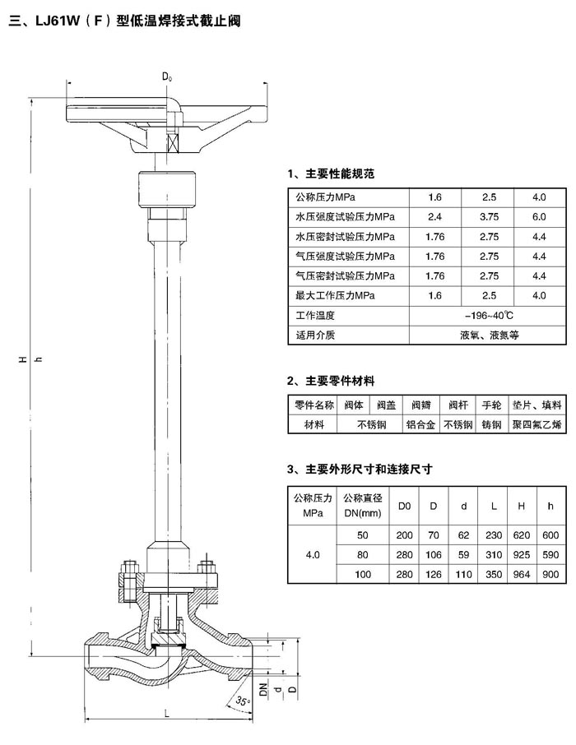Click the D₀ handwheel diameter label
pyautogui.click(x=167, y=76)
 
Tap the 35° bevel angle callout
pyautogui.click(x=242, y=701)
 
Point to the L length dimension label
pyautogui.click(x=166, y=713)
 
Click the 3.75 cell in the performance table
pyautogui.click(x=489, y=217)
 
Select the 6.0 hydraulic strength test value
pyautogui.click(x=539, y=217)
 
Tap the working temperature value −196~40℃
pyautogui.click(x=489, y=316)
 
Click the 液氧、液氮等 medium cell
pyautogui.click(x=489, y=335)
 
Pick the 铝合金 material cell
pyautogui.click(x=421, y=425)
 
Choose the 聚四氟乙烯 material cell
pyautogui.click(x=537, y=425)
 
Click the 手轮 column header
pyautogui.click(x=491, y=405)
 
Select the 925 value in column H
pyautogui.click(x=522, y=554)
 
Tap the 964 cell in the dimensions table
pyautogui.click(x=522, y=575)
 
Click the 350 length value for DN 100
pyautogui.click(x=494, y=575)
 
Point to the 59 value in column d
pyautogui.click(x=464, y=554)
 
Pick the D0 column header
pyautogui.click(x=404, y=506)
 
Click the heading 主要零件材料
pyautogui.click(x=340, y=381)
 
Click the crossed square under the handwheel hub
pyautogui.click(x=172, y=142)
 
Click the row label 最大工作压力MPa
pyautogui.click(x=336, y=295)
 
